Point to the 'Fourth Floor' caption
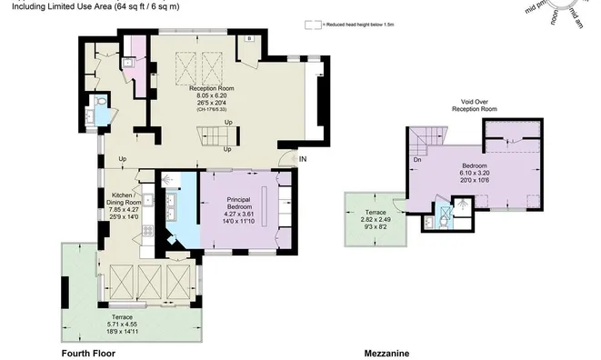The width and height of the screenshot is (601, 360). click(x=86, y=353)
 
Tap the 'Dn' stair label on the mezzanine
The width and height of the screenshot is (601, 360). click(x=416, y=160)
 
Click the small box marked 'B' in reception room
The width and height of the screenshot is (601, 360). click(x=249, y=40)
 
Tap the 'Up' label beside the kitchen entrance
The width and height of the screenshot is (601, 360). click(x=122, y=161)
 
